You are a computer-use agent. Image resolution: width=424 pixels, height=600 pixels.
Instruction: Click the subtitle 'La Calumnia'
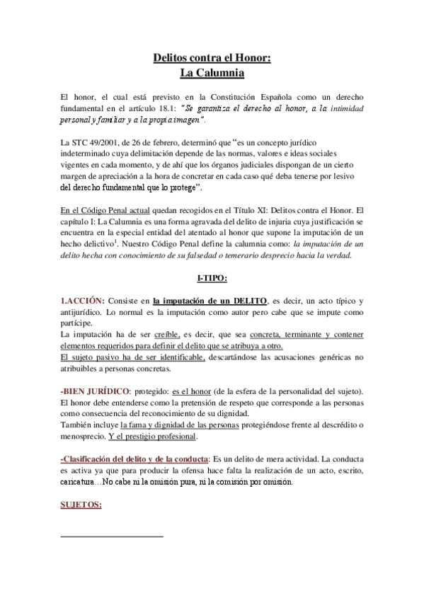212,73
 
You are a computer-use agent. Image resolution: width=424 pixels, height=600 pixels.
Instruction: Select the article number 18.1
172,108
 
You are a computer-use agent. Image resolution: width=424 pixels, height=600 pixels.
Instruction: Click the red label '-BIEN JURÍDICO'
96,391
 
